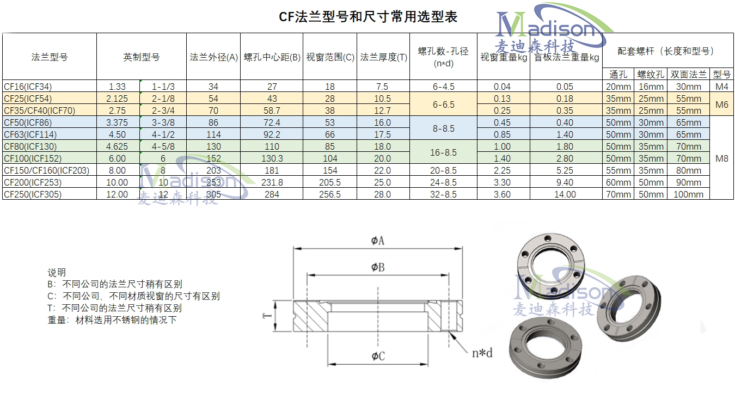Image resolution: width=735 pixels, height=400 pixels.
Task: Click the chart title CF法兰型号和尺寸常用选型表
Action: click(368, 17)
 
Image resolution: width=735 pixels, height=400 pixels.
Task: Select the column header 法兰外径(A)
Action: click(214, 57)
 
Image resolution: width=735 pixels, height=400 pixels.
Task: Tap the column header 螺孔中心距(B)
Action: click(272, 57)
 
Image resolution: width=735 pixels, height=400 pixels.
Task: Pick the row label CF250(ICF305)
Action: click(33, 194)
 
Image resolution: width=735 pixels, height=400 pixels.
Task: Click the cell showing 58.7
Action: click(272, 110)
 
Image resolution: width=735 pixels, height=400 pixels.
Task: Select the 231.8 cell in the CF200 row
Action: click(272, 182)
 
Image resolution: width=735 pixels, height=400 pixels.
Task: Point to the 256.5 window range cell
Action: click(330, 194)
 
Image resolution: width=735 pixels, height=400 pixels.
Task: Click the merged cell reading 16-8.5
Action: click(443, 152)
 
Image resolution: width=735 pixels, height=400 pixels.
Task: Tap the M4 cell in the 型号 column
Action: click(721, 87)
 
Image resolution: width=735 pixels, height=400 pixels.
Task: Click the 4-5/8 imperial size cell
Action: click(163, 146)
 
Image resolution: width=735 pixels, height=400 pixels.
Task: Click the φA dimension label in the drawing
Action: click(378, 241)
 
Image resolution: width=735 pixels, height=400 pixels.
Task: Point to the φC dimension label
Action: click(378, 356)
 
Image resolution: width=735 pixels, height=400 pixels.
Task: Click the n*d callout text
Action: click(482, 353)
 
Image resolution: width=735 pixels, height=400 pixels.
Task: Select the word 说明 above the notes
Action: click(57, 273)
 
